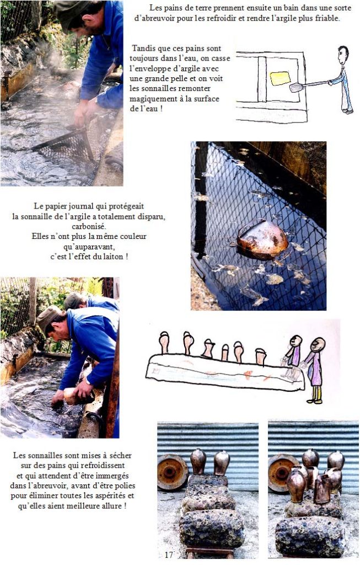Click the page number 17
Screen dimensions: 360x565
click(x=169, y=555)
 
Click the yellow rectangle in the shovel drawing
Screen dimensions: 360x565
click(x=280, y=78)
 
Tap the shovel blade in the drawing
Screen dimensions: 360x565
click(x=296, y=87)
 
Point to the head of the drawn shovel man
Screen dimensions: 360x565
click(x=343, y=55)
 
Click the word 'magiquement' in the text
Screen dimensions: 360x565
click(x=153, y=99)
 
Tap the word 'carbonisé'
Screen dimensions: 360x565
click(x=89, y=226)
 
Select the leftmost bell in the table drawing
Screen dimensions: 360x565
click(x=164, y=342)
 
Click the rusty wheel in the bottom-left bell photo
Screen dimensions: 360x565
click(x=172, y=472)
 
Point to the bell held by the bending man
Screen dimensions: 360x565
click(x=71, y=396)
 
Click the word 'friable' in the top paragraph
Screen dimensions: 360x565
click(x=327, y=18)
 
